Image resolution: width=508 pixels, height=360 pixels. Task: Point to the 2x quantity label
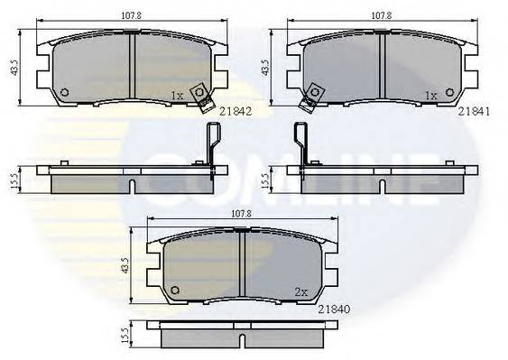(300, 291)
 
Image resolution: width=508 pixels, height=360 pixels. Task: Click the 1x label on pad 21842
(178, 95)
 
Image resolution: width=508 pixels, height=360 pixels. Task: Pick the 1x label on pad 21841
(430, 95)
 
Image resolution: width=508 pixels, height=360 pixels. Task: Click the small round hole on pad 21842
(63, 91)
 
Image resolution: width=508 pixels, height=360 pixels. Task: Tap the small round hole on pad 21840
(175, 290)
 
